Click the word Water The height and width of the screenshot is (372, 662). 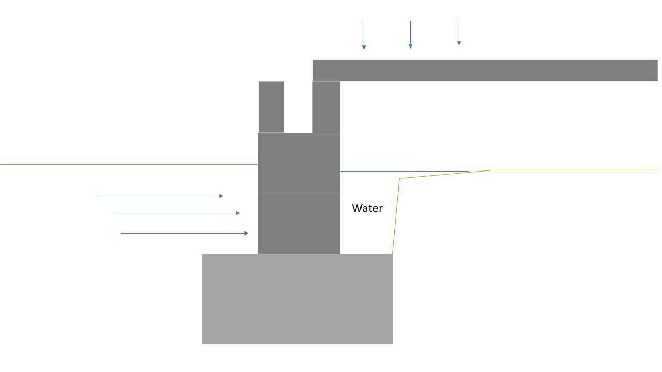[367, 208]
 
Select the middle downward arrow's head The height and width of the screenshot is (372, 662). [410, 47]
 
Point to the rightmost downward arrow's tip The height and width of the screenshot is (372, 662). [459, 45]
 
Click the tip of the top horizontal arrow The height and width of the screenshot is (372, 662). [223, 196]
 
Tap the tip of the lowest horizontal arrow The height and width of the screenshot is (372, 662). [248, 233]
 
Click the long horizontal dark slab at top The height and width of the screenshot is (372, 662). [485, 71]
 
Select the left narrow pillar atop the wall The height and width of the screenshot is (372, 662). [272, 107]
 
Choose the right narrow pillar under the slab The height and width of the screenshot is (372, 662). [326, 107]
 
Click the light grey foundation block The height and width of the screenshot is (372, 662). [297, 299]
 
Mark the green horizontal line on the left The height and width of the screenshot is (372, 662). [129, 164]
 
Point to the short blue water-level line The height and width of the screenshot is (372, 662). [404, 171]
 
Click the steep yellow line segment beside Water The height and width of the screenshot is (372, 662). [396, 216]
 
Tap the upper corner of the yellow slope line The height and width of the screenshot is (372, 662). [400, 178]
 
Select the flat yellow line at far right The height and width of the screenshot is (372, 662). [574, 170]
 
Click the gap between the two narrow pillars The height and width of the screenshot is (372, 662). [298, 107]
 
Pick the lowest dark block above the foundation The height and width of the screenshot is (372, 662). [299, 224]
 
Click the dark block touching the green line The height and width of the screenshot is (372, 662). [299, 163]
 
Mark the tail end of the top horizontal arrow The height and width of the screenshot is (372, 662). [96, 196]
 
